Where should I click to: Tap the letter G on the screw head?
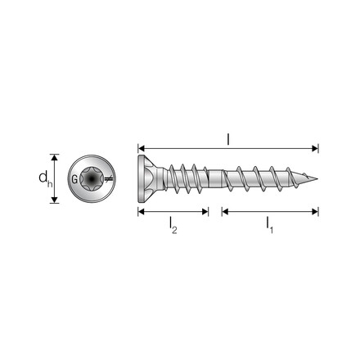click(74, 179)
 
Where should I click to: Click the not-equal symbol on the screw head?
click(108, 179)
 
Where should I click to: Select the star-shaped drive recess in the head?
click(92, 179)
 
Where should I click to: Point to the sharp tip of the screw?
click(317, 179)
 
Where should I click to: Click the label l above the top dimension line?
click(228, 139)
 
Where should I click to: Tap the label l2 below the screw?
click(173, 225)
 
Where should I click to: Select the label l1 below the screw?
click(269, 225)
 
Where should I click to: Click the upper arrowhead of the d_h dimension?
click(55, 157)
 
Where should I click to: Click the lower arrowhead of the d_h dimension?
click(55, 200)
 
